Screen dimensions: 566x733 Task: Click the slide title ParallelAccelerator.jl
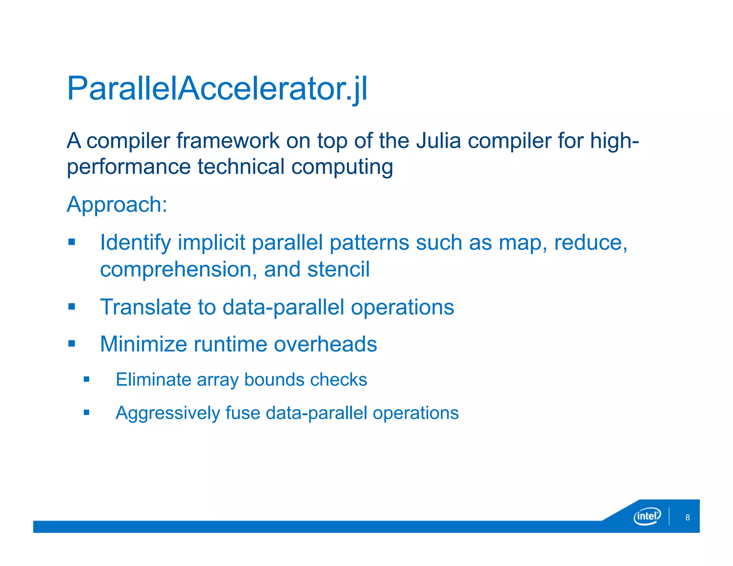coord(217,88)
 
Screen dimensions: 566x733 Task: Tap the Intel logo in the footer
coord(647,516)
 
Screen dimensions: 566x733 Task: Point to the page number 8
coord(687,517)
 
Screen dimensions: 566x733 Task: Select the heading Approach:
coord(117,204)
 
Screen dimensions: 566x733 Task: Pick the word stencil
coord(338,269)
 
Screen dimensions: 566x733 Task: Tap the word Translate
coord(145,307)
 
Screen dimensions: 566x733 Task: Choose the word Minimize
coord(143,344)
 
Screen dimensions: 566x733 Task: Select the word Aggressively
coord(168,413)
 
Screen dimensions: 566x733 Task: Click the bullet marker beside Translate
coord(72,307)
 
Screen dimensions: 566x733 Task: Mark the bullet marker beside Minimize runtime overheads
coord(72,344)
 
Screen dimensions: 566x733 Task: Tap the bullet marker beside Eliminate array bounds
coord(86,379)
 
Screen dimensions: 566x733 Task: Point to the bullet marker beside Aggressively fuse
coord(86,413)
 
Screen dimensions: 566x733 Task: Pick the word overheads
coord(325,344)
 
